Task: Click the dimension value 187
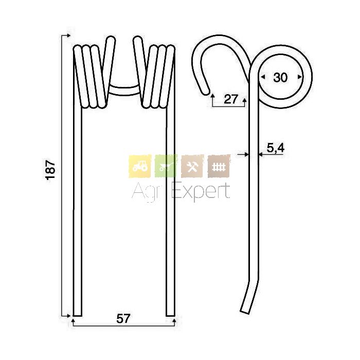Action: [51, 170]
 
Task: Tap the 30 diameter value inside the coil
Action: [280, 77]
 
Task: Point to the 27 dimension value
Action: [230, 99]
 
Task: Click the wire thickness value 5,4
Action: [276, 148]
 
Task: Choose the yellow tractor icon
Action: [140, 166]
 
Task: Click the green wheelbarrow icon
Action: [166, 166]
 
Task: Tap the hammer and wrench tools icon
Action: [192, 166]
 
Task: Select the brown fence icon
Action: [219, 166]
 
